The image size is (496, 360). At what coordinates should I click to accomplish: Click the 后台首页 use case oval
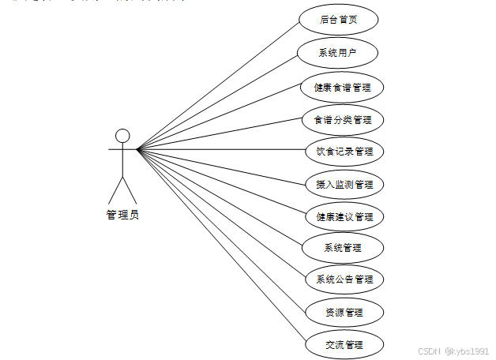(x=339, y=20)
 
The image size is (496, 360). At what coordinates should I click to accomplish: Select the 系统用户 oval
(x=337, y=53)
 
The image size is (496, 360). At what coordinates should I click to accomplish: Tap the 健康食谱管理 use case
(x=342, y=87)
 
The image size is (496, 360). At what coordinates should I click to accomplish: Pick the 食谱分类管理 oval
(x=343, y=120)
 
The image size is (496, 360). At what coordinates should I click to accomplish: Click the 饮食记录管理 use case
(x=344, y=151)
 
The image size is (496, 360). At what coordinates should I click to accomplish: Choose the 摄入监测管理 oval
(x=344, y=185)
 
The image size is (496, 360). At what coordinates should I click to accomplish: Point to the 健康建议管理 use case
(x=344, y=216)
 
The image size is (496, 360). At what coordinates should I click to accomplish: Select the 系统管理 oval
(x=343, y=248)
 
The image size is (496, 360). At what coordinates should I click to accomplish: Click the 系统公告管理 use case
(x=344, y=279)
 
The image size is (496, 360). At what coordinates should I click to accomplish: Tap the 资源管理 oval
(x=344, y=312)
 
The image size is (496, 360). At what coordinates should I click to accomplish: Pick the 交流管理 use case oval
(x=344, y=344)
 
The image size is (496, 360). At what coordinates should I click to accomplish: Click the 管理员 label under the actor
(x=122, y=215)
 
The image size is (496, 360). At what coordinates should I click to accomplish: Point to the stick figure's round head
(x=122, y=136)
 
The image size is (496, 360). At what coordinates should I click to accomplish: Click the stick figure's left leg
(x=115, y=190)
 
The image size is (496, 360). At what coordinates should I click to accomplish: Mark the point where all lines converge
(x=137, y=149)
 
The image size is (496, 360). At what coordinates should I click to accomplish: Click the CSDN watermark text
(x=428, y=350)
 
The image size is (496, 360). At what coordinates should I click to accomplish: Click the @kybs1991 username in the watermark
(x=466, y=350)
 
